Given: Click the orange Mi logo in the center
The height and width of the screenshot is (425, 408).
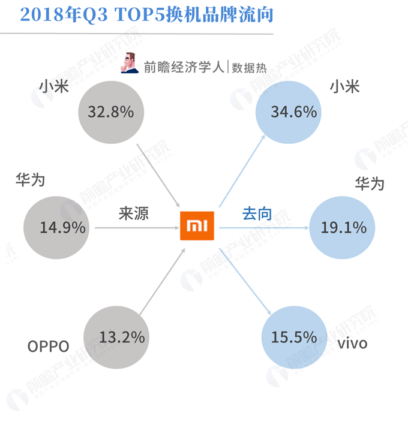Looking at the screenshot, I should pos(197,226).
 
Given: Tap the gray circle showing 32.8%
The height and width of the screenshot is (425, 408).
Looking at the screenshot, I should pos(110,111).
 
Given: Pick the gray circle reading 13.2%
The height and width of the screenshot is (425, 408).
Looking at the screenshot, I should pos(114,337).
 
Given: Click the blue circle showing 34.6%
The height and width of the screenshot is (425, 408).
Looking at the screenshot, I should pos(286,111).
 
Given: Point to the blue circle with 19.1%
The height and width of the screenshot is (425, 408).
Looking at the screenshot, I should pos(338,228).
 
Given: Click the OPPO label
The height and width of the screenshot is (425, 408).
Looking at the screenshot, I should pos(49,346).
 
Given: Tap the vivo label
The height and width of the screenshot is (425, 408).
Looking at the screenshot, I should pos(352,344).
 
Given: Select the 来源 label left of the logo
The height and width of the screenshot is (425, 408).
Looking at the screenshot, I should pos(133,213).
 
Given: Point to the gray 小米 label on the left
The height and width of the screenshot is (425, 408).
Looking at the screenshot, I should pos(54,88).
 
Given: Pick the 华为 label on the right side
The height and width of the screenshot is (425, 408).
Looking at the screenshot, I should pos(369,183).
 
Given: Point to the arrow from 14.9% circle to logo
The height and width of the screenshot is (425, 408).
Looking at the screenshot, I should pos(134,228).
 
